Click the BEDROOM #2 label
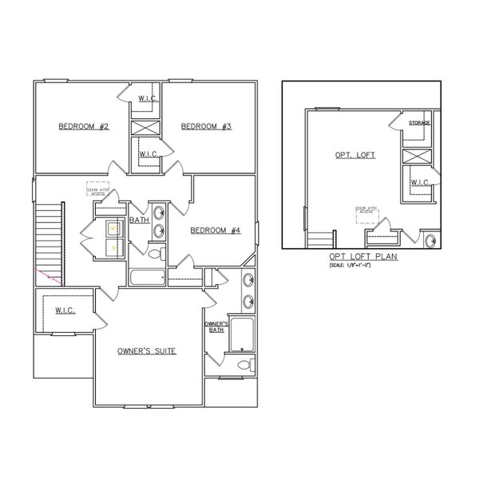83,126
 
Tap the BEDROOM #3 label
205,126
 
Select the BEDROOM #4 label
216,230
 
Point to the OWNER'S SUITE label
146,351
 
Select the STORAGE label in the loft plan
420,123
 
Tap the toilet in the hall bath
156,254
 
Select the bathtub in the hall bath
148,278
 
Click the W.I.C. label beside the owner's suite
65,310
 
